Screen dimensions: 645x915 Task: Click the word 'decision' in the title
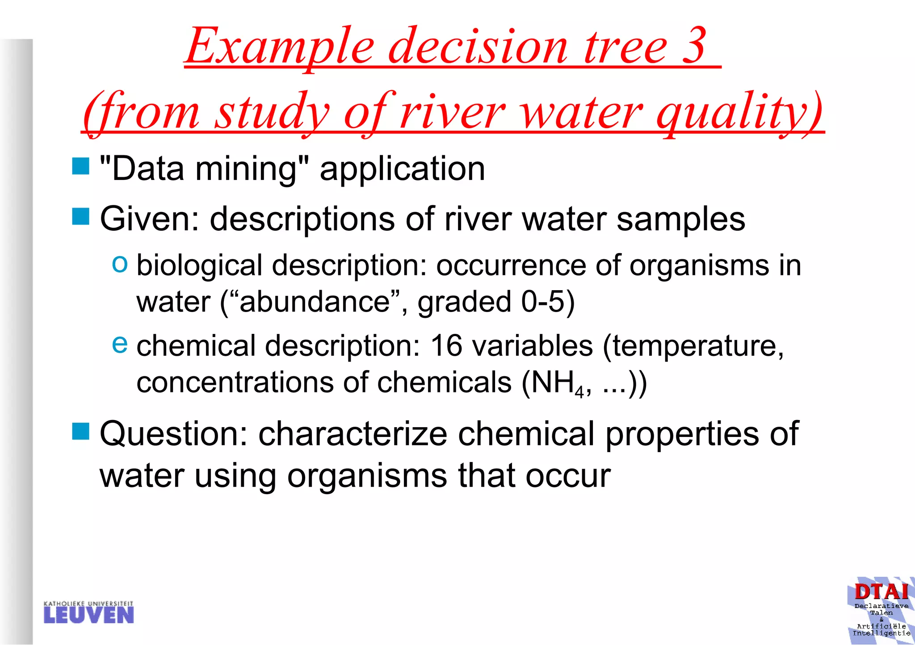point(478,46)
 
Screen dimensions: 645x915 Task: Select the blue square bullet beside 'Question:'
point(81,431)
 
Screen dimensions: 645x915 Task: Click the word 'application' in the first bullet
point(402,169)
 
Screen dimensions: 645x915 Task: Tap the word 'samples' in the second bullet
point(680,219)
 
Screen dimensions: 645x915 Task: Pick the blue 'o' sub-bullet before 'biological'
point(120,264)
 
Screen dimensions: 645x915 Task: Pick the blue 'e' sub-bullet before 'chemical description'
point(120,344)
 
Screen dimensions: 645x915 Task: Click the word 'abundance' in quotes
point(315,302)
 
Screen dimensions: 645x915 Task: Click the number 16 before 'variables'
point(446,346)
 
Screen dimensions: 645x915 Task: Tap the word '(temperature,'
point(693,346)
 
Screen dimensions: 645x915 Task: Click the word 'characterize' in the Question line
point(353,434)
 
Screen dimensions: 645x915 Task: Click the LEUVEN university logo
point(88,612)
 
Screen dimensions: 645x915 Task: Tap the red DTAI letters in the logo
point(881,592)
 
